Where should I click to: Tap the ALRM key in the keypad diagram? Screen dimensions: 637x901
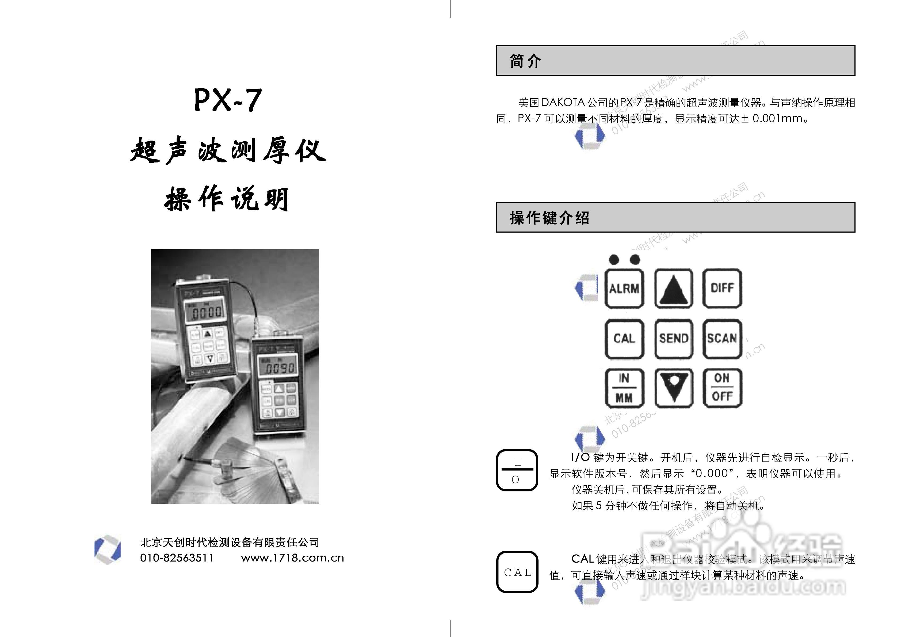pyautogui.click(x=624, y=289)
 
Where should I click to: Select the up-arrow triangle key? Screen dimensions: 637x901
pyautogui.click(x=673, y=289)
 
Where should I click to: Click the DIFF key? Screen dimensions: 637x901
pyautogui.click(x=722, y=289)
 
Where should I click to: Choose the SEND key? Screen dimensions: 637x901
pyautogui.click(x=673, y=339)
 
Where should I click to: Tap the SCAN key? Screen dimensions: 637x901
pyautogui.click(x=722, y=339)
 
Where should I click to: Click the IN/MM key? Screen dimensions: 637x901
pyautogui.click(x=624, y=388)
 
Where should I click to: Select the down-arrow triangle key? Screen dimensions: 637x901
pyautogui.click(x=673, y=388)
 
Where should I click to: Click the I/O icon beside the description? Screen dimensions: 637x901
pyautogui.click(x=517, y=470)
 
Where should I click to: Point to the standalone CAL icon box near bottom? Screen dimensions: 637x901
pyautogui.click(x=517, y=572)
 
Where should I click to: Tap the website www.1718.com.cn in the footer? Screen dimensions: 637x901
pyautogui.click(x=292, y=558)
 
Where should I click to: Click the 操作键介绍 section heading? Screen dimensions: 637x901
pyautogui.click(x=549, y=218)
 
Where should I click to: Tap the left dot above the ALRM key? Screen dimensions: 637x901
pyautogui.click(x=614, y=260)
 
